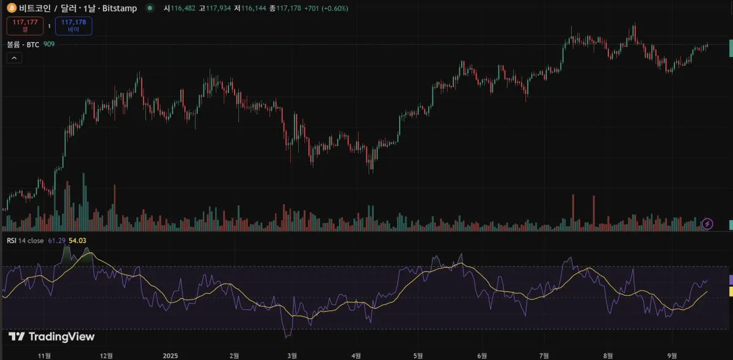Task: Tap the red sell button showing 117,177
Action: coord(24,26)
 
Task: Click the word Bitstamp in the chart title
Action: coord(119,9)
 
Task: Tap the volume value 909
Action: coord(49,45)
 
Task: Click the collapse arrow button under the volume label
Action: coord(14,58)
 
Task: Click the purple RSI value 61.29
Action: coord(56,241)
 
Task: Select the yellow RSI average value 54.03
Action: coord(77,241)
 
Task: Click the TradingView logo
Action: coord(52,337)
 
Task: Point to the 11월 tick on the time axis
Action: coord(45,354)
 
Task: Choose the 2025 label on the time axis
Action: coord(170,354)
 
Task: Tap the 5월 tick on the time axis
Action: coord(418,354)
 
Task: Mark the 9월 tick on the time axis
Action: coord(672,354)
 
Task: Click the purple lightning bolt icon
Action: coord(708,224)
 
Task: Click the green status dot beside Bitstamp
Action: coord(150,9)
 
